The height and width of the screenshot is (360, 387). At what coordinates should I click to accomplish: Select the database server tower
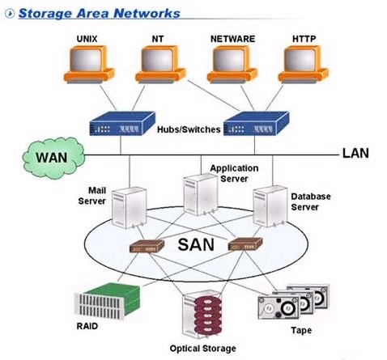(x=266, y=206)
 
